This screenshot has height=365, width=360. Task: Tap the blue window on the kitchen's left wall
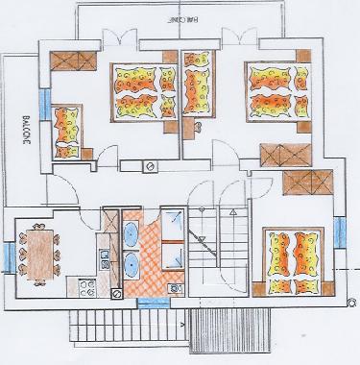8,254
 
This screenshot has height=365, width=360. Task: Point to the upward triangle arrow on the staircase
230,207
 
